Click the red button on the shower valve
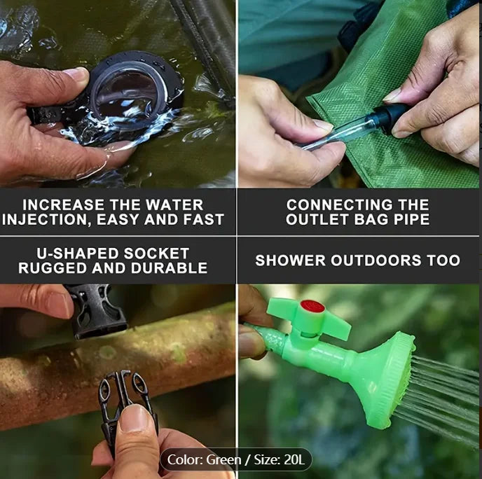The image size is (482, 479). point(312,307)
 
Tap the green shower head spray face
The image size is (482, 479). point(397,381)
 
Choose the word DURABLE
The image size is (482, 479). point(169,268)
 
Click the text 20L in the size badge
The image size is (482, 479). point(294,459)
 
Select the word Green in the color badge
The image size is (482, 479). point(223,459)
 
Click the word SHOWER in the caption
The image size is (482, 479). point(290,261)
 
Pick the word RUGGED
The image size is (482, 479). point(53,268)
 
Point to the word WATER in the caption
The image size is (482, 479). point(174,205)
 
